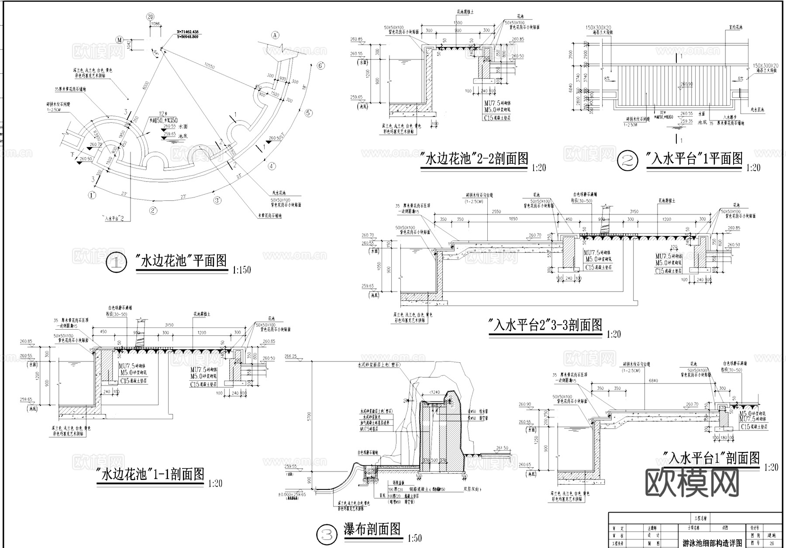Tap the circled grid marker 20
[x=151, y=17]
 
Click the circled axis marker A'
[x=275, y=34]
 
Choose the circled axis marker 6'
[x=321, y=65]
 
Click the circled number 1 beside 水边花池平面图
[x=116, y=263]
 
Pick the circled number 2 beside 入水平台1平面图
[x=627, y=160]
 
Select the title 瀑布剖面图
[x=372, y=530]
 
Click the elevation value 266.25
[x=290, y=357]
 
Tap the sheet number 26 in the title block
[x=771, y=544]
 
